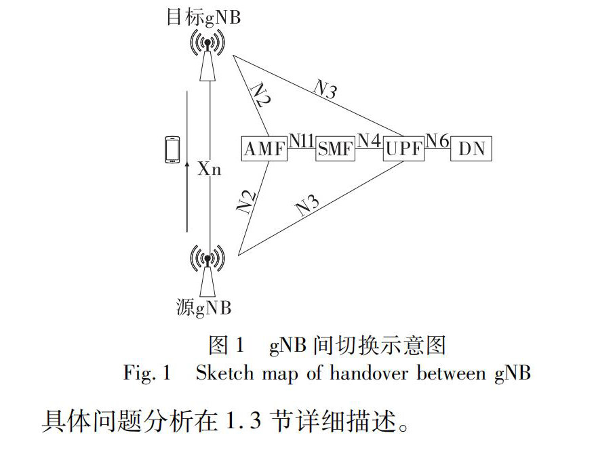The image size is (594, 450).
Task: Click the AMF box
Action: click(x=264, y=148)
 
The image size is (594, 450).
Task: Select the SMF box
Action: click(x=335, y=148)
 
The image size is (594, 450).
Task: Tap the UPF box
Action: click(x=403, y=148)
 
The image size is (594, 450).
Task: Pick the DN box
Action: click(x=471, y=148)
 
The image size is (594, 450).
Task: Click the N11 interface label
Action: click(x=301, y=140)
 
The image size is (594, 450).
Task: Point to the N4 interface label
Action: click(x=369, y=140)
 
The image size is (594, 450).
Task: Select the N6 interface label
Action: click(x=437, y=140)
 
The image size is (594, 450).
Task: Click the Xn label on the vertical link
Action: click(x=210, y=169)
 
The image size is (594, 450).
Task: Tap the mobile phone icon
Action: click(x=172, y=150)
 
